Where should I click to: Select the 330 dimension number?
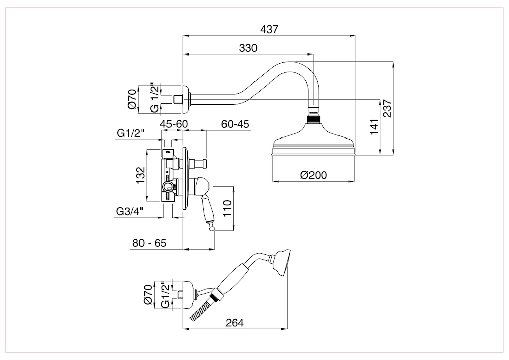pyautogui.click(x=248, y=48)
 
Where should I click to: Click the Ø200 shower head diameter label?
pyautogui.click(x=313, y=175)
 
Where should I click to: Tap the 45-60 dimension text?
pyautogui.click(x=174, y=124)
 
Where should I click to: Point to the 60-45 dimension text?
pyautogui.click(x=235, y=124)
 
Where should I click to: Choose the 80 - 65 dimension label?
pyautogui.click(x=149, y=243)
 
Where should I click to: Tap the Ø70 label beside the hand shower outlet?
pyautogui.click(x=148, y=295)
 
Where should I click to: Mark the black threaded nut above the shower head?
pyautogui.click(x=314, y=120)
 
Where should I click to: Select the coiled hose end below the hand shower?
pyautogui.click(x=201, y=311)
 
